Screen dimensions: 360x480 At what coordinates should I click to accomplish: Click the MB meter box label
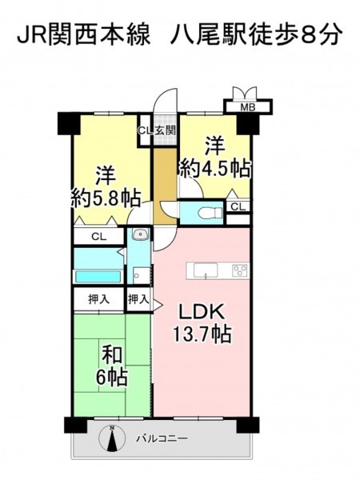click(248, 107)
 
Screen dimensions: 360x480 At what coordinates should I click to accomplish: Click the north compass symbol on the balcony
click(112, 438)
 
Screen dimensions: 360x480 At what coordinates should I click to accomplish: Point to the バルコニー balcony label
click(162, 438)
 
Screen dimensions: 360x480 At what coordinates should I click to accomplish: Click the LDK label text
click(202, 313)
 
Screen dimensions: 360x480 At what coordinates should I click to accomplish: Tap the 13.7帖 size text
click(202, 334)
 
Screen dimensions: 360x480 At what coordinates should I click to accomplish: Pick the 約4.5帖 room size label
click(215, 168)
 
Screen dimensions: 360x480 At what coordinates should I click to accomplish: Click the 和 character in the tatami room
click(112, 355)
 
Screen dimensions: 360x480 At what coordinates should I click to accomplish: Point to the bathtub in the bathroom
click(98, 277)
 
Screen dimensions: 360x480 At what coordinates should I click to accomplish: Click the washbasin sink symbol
click(141, 234)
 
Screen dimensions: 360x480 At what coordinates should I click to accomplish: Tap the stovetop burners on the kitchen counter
click(240, 270)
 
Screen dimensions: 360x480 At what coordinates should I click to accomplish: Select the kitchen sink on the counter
click(206, 270)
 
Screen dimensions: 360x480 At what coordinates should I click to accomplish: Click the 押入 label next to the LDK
click(138, 299)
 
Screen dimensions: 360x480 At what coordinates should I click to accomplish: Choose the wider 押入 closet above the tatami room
click(99, 299)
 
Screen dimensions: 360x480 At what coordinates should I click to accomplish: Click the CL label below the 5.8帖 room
click(99, 236)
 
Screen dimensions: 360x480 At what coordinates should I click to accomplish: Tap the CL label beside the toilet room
click(238, 207)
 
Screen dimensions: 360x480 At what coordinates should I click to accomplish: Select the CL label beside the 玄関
click(146, 130)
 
